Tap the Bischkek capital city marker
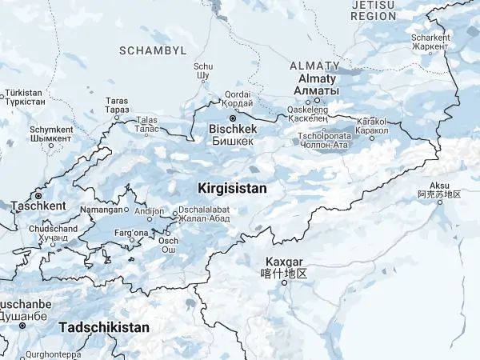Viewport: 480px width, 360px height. click(x=233, y=118)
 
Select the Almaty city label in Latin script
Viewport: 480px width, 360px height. click(x=318, y=79)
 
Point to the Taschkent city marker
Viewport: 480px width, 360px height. click(x=38, y=195)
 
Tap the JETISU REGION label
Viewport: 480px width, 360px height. click(x=374, y=10)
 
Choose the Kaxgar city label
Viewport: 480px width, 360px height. click(x=284, y=262)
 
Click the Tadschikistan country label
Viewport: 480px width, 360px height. click(x=104, y=327)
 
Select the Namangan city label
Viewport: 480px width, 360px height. click(x=101, y=210)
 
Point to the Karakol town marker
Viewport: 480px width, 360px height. click(x=371, y=138)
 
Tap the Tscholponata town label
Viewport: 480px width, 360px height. click(x=324, y=136)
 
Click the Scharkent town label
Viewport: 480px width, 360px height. click(x=431, y=38)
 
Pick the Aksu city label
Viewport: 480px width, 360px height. click(x=440, y=184)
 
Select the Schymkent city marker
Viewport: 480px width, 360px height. click(x=50, y=146)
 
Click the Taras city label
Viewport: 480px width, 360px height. click(x=117, y=101)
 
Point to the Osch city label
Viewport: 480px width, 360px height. click(x=168, y=240)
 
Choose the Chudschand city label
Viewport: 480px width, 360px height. click(x=53, y=229)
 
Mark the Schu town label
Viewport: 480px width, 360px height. click(x=202, y=67)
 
